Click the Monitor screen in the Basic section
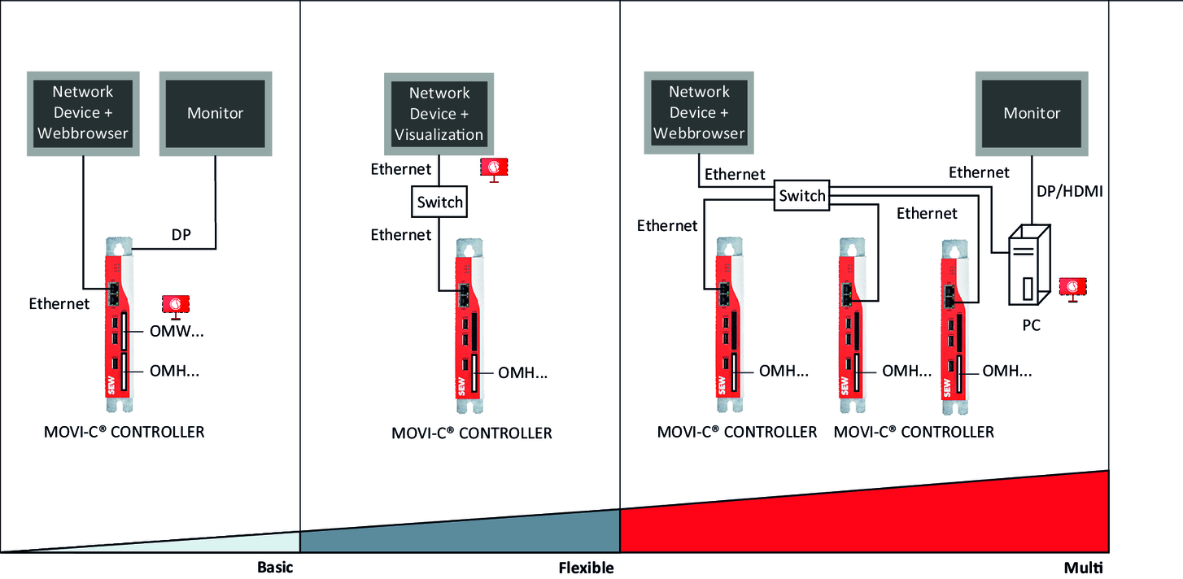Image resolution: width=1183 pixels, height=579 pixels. (216, 113)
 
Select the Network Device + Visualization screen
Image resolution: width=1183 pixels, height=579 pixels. (440, 114)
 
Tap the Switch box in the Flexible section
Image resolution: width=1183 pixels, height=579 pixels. (440, 202)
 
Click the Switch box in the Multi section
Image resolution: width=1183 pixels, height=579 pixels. (802, 196)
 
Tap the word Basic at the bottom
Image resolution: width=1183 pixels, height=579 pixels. (275, 567)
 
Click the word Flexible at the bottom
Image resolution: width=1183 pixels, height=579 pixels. (586, 567)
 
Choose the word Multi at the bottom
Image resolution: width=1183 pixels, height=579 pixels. (1086, 567)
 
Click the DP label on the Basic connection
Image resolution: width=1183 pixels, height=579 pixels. (181, 234)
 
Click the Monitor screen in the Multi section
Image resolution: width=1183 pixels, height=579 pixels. (1032, 113)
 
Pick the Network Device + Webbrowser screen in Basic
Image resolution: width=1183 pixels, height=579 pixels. (82, 113)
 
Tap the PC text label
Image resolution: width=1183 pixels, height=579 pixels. (1030, 325)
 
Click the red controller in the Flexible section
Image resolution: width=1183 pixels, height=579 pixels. (469, 326)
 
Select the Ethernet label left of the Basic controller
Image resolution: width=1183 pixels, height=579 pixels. (59, 304)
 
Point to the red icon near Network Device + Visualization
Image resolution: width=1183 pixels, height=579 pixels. (494, 168)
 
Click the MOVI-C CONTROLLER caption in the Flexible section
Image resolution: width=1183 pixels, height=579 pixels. (472, 433)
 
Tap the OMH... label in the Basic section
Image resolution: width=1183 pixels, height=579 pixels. (175, 372)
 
